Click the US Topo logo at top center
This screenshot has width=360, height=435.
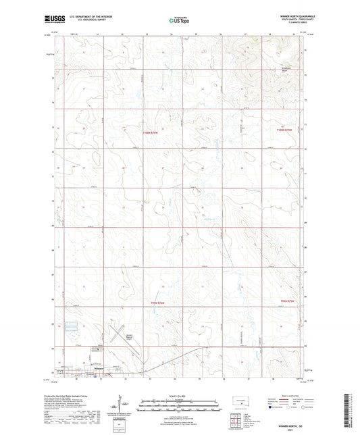point(179,21)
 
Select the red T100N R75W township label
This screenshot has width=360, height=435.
point(286,130)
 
